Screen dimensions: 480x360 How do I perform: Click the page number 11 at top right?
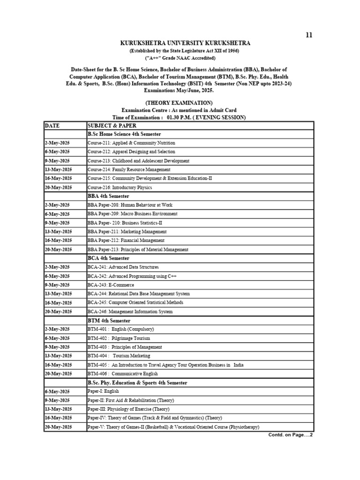[308, 35]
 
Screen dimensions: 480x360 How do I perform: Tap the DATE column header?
[53, 126]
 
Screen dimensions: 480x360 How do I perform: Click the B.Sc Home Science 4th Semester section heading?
[124, 134]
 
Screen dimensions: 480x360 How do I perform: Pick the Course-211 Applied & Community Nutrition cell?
[131, 143]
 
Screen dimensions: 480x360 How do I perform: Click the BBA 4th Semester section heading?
[108, 196]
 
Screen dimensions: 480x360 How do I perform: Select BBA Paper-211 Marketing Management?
[127, 232]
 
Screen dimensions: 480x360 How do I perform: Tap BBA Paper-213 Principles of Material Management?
[138, 249]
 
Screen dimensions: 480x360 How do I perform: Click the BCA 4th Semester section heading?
[108, 258]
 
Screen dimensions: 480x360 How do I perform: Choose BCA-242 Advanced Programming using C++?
[129, 276]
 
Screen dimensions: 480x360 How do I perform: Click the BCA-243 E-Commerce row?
[111, 285]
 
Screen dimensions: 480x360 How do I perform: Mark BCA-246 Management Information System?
[130, 312]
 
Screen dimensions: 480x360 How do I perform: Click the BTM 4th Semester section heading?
[109, 321]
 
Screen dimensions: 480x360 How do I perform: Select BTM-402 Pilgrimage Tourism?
[119, 338]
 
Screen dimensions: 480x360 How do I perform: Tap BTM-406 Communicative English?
[122, 374]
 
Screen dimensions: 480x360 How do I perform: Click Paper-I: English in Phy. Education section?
[103, 391]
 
